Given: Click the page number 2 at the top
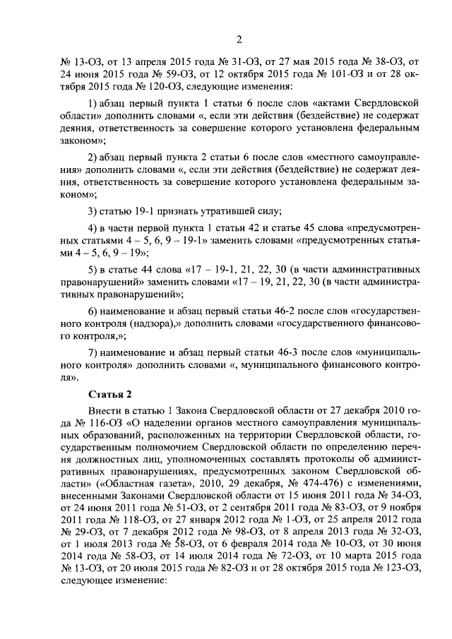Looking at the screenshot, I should point(239,39).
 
